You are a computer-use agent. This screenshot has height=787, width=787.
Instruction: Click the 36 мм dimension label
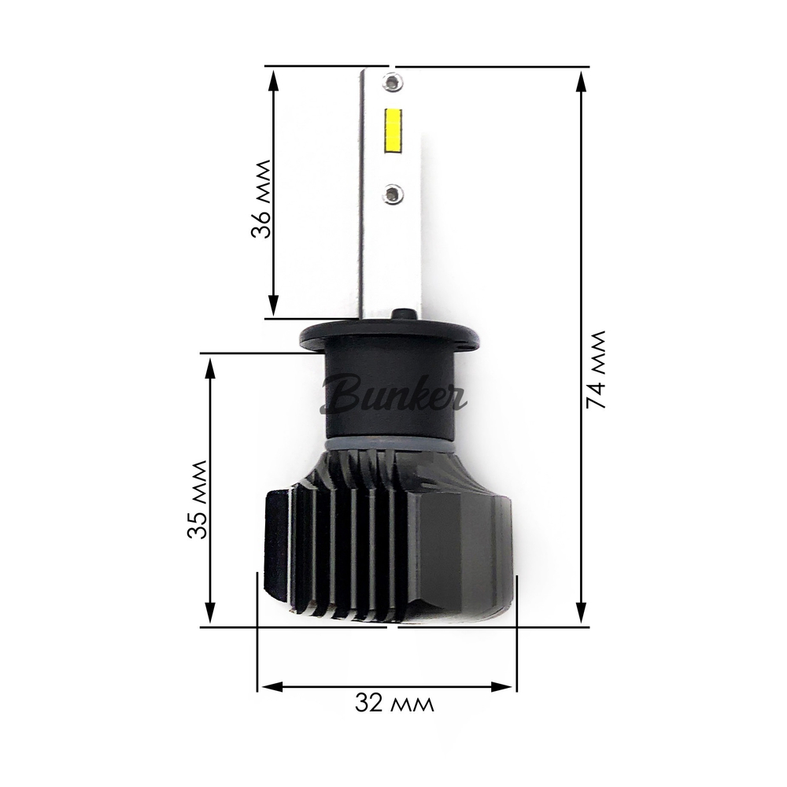tap(260, 199)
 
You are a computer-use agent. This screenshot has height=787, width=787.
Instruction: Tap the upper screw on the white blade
tap(391, 80)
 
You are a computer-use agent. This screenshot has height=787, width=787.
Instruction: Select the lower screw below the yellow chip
tap(392, 190)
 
